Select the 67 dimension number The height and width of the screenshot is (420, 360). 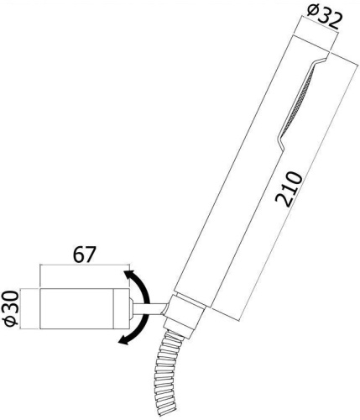coord(84,253)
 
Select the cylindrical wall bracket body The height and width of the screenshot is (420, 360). coord(85,310)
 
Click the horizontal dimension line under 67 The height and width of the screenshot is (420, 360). coord(84,267)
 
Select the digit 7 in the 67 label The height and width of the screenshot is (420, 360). coord(92,253)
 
